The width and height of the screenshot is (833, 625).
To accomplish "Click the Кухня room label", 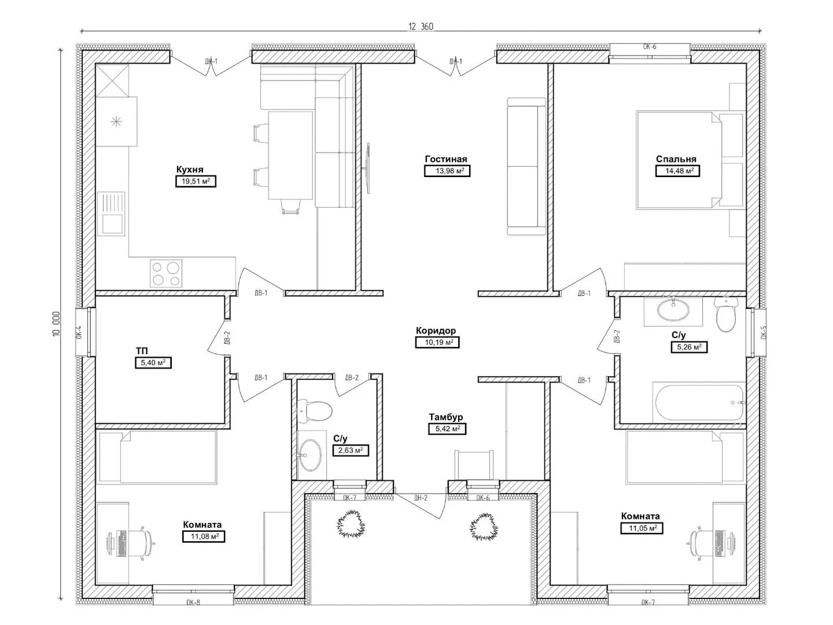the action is pyautogui.click(x=189, y=169).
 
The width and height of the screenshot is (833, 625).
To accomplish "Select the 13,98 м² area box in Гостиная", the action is pyautogui.click(x=447, y=171).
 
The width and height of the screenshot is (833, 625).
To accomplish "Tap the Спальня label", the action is pyautogui.click(x=676, y=159).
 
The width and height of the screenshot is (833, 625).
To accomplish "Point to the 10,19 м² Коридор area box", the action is pyautogui.click(x=437, y=342).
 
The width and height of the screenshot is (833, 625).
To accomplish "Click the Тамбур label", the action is pyautogui.click(x=446, y=417).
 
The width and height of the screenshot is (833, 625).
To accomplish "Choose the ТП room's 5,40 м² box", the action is pyautogui.click(x=153, y=363).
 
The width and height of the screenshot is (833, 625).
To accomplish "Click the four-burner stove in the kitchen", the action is pyautogui.click(x=166, y=274).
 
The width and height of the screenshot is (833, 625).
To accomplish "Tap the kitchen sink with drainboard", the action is pyautogui.click(x=111, y=214).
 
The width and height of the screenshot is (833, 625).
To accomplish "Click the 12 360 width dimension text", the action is pyautogui.click(x=421, y=27).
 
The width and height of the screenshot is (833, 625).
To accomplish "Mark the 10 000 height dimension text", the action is pyautogui.click(x=57, y=323).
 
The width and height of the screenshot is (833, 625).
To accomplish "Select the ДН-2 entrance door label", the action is pyautogui.click(x=421, y=498).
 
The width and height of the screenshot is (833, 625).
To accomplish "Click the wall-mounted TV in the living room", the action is pyautogui.click(x=368, y=168).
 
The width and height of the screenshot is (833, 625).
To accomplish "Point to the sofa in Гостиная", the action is pyautogui.click(x=526, y=166).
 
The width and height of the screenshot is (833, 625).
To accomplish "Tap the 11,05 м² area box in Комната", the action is pyautogui.click(x=642, y=528).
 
